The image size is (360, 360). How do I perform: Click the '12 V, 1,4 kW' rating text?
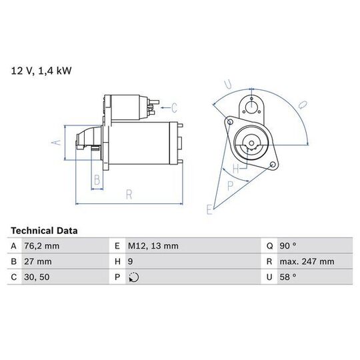[x=41, y=71]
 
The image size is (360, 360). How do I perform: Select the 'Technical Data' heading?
[x=44, y=231]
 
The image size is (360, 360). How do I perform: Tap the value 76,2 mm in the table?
[x=41, y=246]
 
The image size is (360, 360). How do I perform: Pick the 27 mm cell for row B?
[x=38, y=261]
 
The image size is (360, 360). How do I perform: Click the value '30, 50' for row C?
[x=37, y=277]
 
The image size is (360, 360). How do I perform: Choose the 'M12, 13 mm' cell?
[x=153, y=246]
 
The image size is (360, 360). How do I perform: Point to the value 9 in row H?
[x=130, y=261]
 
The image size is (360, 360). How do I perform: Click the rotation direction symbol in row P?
[x=133, y=277]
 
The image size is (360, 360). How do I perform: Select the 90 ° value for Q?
[x=288, y=246]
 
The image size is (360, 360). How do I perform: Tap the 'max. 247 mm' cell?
[x=307, y=261]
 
